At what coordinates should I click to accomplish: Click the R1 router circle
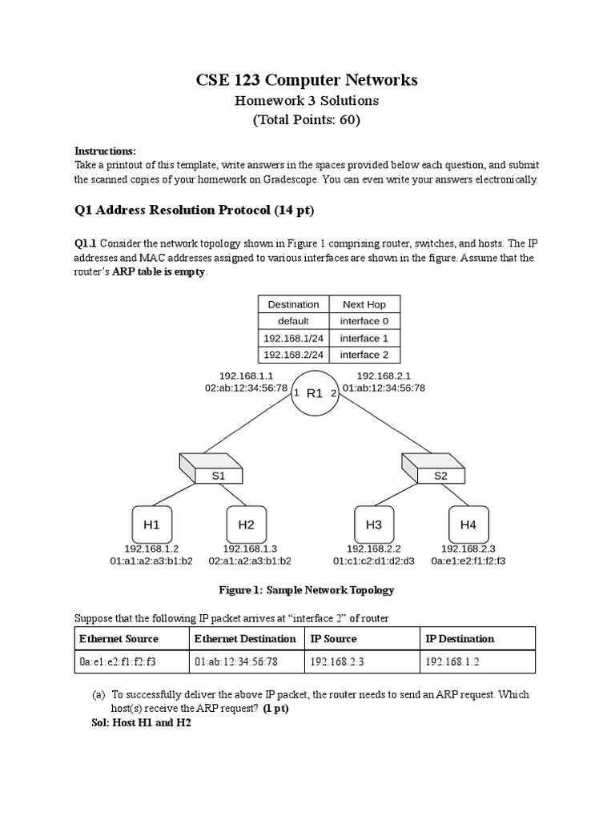pyautogui.click(x=315, y=393)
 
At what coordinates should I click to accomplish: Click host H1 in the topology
pyautogui.click(x=152, y=525)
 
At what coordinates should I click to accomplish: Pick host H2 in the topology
pyautogui.click(x=246, y=525)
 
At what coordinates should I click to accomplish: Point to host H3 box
pyautogui.click(x=374, y=525)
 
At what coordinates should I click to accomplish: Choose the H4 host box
pyautogui.click(x=468, y=525)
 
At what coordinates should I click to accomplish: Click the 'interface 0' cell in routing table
pyautogui.click(x=364, y=321)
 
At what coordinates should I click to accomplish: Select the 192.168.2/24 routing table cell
pyautogui.click(x=293, y=355)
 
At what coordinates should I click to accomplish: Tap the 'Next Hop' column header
pyautogui.click(x=364, y=304)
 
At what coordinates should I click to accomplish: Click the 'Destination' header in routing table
pyautogui.click(x=293, y=304)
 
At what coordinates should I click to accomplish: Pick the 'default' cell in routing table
pyautogui.click(x=293, y=321)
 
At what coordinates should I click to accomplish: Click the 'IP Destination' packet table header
pyautogui.click(x=460, y=638)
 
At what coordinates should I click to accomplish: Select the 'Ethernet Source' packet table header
pyautogui.click(x=119, y=638)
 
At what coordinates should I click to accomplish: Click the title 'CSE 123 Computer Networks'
pyautogui.click(x=307, y=80)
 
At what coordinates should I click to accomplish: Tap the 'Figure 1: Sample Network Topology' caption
pyautogui.click(x=307, y=590)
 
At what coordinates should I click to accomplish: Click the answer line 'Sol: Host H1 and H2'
pyautogui.click(x=142, y=722)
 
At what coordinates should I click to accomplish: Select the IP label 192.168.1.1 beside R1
pyautogui.click(x=247, y=375)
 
